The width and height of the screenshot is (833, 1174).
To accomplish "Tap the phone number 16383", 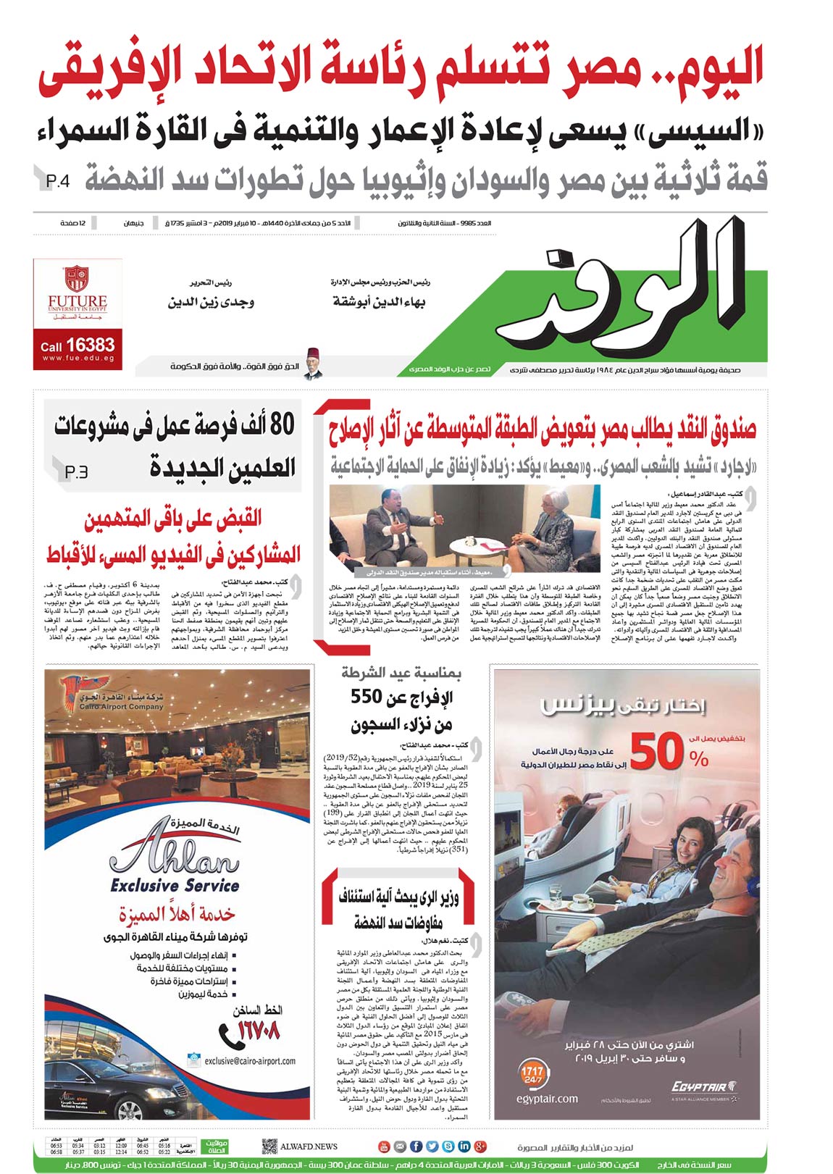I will (90, 345).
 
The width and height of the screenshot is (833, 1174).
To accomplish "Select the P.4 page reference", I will (58, 180).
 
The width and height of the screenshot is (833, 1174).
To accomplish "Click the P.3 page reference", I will (76, 471).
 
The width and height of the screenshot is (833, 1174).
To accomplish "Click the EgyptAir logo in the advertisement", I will (703, 1086).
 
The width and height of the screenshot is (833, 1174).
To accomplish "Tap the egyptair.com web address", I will (547, 1099).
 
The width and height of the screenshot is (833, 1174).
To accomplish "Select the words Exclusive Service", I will (175, 885).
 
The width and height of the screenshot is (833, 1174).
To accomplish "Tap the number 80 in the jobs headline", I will (282, 424).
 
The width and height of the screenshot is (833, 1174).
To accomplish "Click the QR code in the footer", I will (269, 1146).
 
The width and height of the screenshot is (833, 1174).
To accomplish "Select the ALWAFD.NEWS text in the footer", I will (309, 1146).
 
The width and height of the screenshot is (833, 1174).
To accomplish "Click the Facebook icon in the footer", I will (416, 1146).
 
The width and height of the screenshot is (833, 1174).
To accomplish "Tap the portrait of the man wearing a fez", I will (313, 364).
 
